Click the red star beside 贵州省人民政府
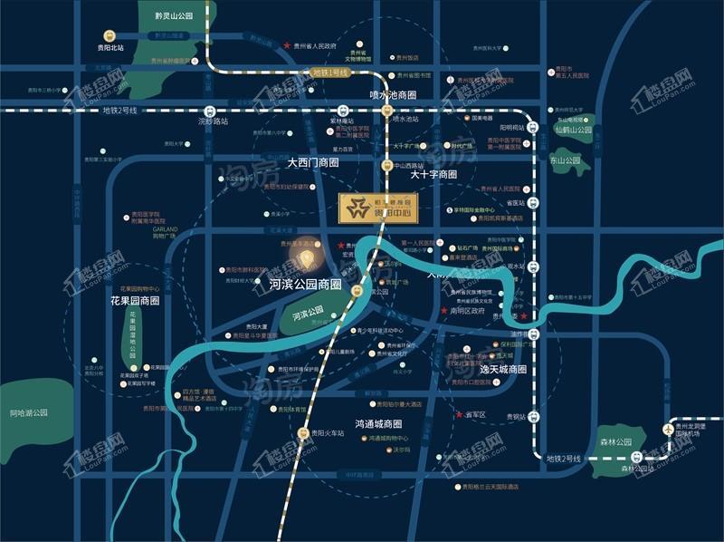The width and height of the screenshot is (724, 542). (288, 45)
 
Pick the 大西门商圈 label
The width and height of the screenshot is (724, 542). (313, 164)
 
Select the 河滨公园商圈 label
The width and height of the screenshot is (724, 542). (304, 284)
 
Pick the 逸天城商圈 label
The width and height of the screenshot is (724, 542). (502, 370)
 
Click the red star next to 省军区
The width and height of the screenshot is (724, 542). (457, 414)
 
